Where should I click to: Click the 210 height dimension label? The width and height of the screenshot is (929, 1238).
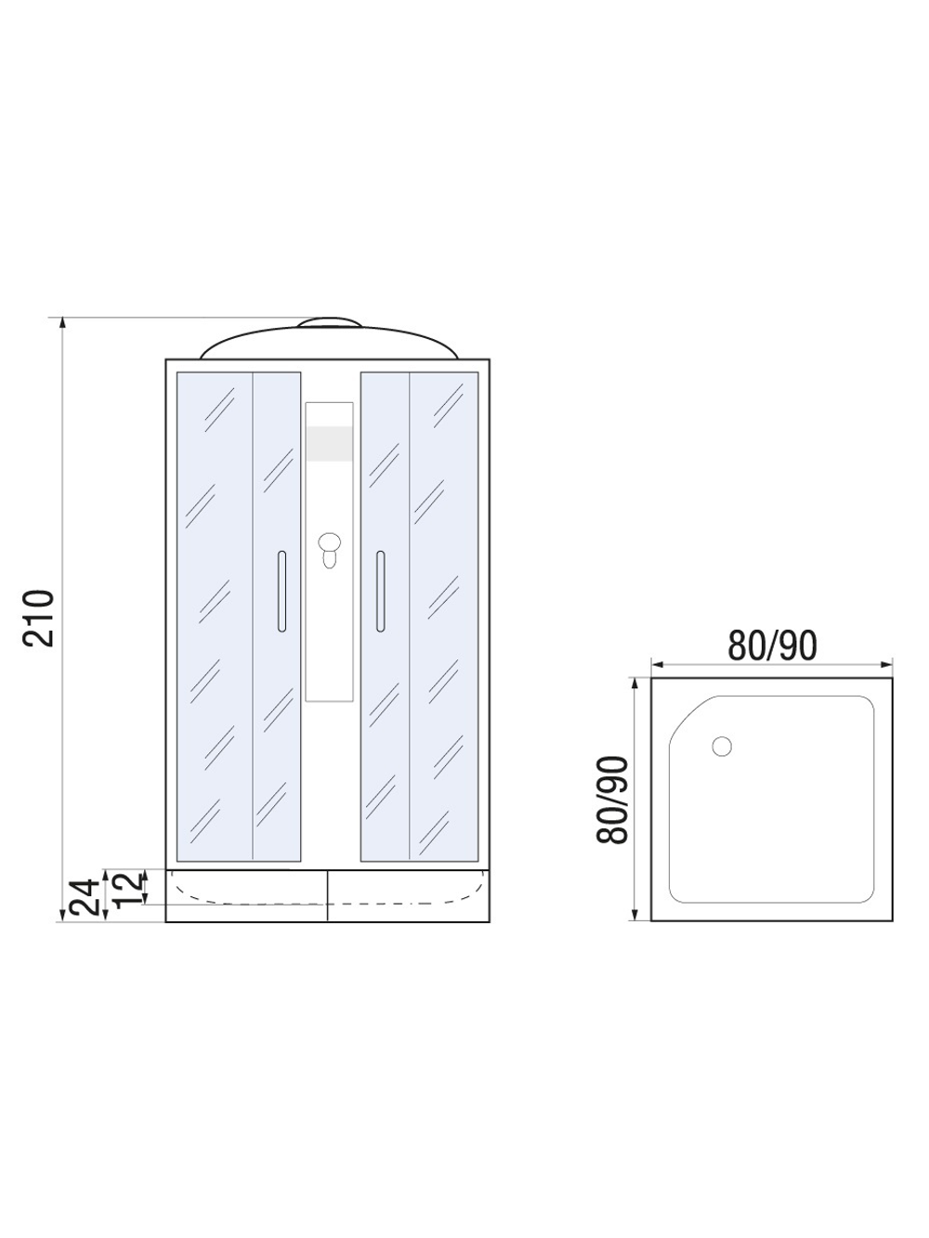pyautogui.click(x=42, y=618)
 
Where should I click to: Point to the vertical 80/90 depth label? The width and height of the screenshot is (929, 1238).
pyautogui.click(x=613, y=800)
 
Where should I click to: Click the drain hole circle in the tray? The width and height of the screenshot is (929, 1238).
pyautogui.click(x=722, y=746)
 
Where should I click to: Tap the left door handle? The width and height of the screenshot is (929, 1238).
pyautogui.click(x=281, y=592)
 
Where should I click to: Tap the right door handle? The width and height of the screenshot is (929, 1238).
pyautogui.click(x=379, y=592)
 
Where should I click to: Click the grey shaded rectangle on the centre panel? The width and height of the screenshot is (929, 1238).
pyautogui.click(x=329, y=443)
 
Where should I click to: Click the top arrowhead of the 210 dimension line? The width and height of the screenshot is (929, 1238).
pyautogui.click(x=62, y=322)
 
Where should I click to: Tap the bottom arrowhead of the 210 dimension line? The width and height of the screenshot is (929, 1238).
pyautogui.click(x=62, y=916)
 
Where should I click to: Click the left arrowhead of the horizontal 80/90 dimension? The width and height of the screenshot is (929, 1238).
pyautogui.click(x=656, y=665)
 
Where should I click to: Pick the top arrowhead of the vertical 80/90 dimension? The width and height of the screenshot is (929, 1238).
pyautogui.click(x=635, y=683)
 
